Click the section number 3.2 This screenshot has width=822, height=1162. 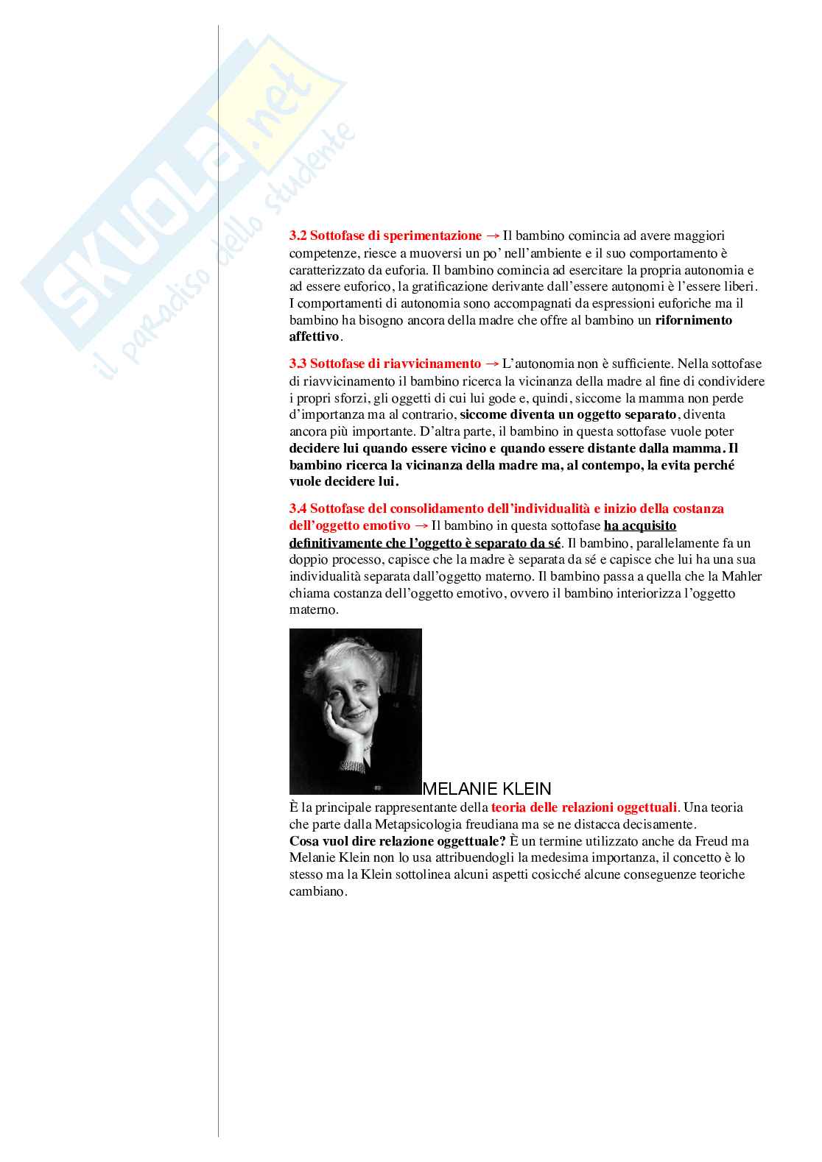[298, 236]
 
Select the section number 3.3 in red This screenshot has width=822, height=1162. [298, 364]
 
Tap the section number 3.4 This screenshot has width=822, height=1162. [298, 509]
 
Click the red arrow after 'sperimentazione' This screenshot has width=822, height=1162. [492, 236]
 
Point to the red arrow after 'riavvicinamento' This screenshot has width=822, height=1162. [492, 364]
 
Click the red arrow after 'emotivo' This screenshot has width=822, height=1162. [421, 526]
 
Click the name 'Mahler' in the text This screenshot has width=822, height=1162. [742, 577]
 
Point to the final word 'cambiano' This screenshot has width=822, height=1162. [317, 892]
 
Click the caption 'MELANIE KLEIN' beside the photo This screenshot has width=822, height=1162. [487, 789]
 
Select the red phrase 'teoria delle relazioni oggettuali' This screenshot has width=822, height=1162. [583, 808]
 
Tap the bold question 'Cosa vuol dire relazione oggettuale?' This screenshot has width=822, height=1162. [397, 842]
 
